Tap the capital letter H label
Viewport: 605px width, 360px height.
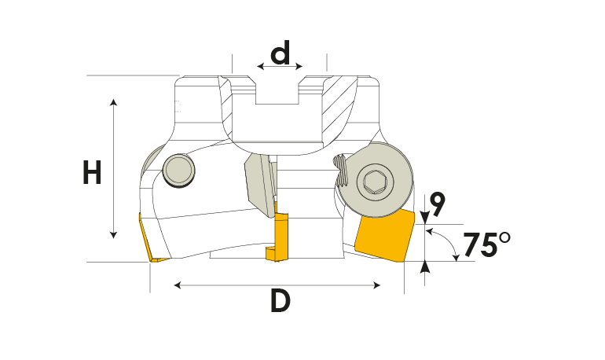tap(92, 172)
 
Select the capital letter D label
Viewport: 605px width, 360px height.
tap(280, 301)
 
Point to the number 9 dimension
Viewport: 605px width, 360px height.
tap(437, 204)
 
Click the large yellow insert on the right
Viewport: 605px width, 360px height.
tap(384, 235)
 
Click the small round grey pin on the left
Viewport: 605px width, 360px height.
tap(178, 171)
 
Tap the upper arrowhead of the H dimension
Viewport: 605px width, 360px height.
tap(113, 102)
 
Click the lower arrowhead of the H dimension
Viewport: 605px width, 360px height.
tap(113, 234)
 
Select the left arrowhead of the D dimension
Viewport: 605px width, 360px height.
tap(178, 285)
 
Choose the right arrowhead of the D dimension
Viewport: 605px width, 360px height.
tap(377, 285)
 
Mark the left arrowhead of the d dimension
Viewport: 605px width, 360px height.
tap(260, 66)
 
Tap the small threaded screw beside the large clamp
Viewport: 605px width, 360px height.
tap(342, 171)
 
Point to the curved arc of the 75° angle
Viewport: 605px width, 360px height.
tap(449, 241)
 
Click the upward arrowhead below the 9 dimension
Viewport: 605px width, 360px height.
tap(425, 266)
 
